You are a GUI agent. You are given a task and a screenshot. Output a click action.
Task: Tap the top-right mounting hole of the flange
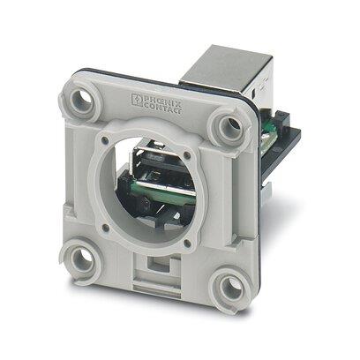click(x=232, y=129)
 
